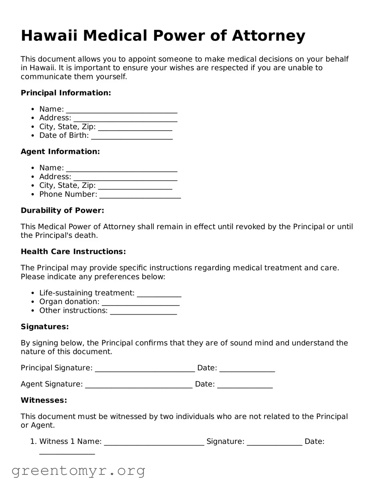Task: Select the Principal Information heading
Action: [66, 93]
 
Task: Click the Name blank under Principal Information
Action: [122, 110]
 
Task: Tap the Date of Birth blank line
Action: [132, 136]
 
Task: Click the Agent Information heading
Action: [60, 151]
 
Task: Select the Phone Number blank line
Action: [140, 195]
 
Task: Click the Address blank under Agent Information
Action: [125, 178]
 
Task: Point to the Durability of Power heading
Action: [62, 210]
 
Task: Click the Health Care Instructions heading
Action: [73, 252]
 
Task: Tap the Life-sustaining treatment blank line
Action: [159, 294]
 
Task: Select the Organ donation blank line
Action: [141, 303]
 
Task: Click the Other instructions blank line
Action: [143, 311]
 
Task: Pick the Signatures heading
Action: [45, 327]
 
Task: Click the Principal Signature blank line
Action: [145, 369]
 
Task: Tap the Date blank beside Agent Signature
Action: [245, 385]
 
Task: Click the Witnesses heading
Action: [44, 400]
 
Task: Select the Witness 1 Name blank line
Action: [154, 442]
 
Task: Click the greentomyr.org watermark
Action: [78, 471]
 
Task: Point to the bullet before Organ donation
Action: [33, 302]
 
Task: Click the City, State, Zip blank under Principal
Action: [135, 128]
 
